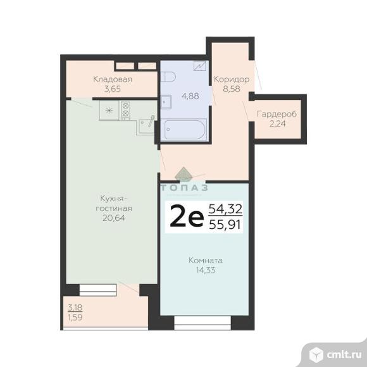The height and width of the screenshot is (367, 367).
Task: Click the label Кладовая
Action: point(112,79)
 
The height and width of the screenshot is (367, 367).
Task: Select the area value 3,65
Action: point(112,89)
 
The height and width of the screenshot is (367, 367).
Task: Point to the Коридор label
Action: point(231,79)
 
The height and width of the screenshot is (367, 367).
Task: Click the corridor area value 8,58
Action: point(231,89)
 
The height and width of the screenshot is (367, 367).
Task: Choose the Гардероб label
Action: point(276,115)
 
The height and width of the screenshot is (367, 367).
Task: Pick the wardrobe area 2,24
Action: point(276,124)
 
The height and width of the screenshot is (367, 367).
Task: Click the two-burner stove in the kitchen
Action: point(125,110)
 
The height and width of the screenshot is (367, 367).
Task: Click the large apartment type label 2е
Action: point(186,217)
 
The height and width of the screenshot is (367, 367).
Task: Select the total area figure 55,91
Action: point(226,224)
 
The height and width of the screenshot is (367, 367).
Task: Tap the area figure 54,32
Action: point(226,208)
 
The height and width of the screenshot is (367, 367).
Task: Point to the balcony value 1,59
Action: point(75,318)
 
